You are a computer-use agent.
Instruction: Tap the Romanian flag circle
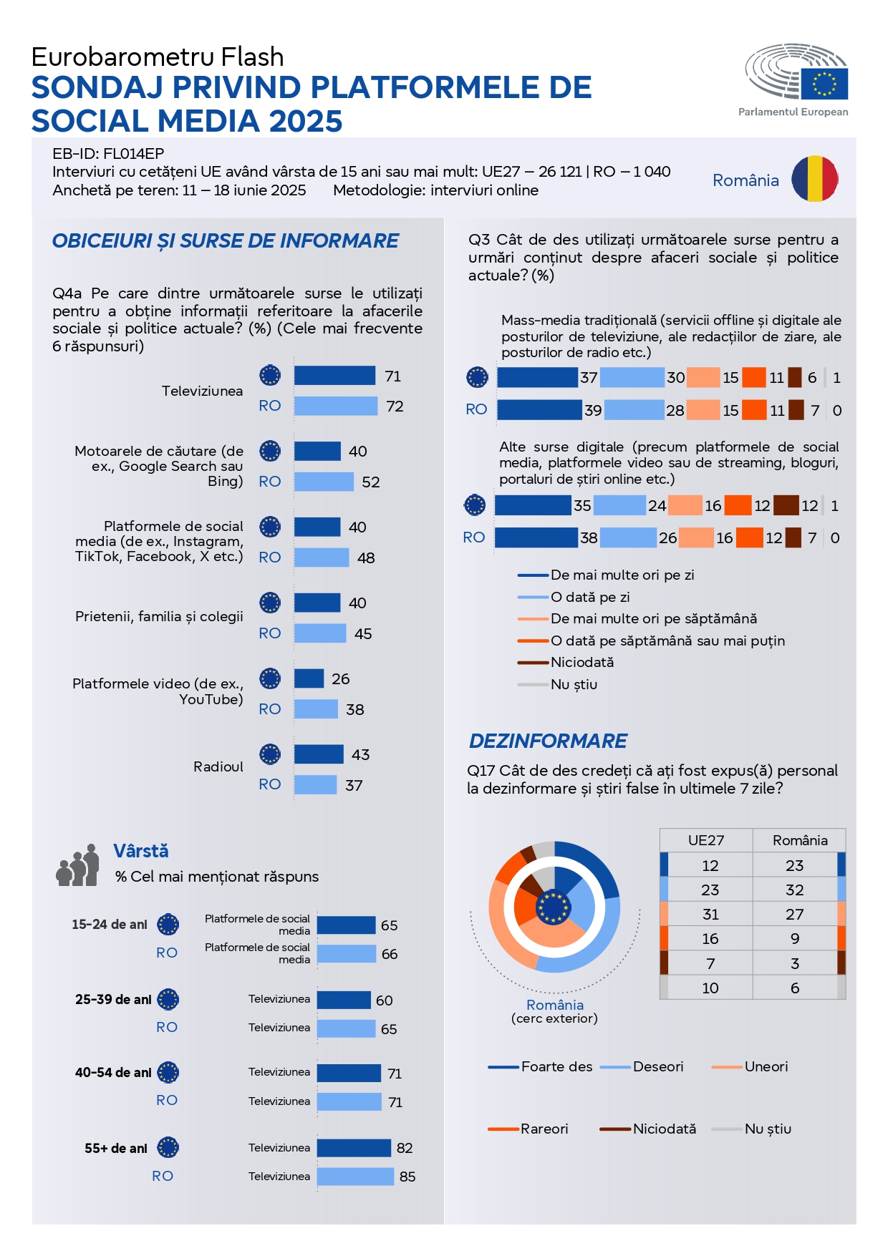(814, 179)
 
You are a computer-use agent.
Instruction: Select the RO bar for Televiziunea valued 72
(335, 406)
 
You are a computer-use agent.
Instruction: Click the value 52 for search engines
(370, 482)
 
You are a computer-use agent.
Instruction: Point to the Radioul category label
(218, 766)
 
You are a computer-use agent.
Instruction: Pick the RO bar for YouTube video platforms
(316, 709)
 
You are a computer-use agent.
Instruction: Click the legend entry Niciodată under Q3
(581, 662)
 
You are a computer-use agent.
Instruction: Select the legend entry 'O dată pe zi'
(589, 597)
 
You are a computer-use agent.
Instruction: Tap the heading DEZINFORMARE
(548, 741)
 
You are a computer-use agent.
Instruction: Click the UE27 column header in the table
(706, 840)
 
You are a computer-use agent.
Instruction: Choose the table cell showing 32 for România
(794, 890)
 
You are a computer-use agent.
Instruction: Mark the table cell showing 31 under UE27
(710, 914)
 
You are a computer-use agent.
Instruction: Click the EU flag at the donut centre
(554, 907)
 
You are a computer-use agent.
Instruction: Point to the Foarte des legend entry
(556, 1066)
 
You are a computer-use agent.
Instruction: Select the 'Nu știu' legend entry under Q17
(768, 1129)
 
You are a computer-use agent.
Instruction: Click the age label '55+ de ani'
(116, 1148)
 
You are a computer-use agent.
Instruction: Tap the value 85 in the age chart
(407, 1177)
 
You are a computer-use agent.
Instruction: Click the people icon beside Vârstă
(77, 865)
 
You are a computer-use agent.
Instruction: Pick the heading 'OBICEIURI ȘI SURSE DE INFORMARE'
(225, 240)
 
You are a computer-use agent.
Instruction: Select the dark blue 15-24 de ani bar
(346, 925)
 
